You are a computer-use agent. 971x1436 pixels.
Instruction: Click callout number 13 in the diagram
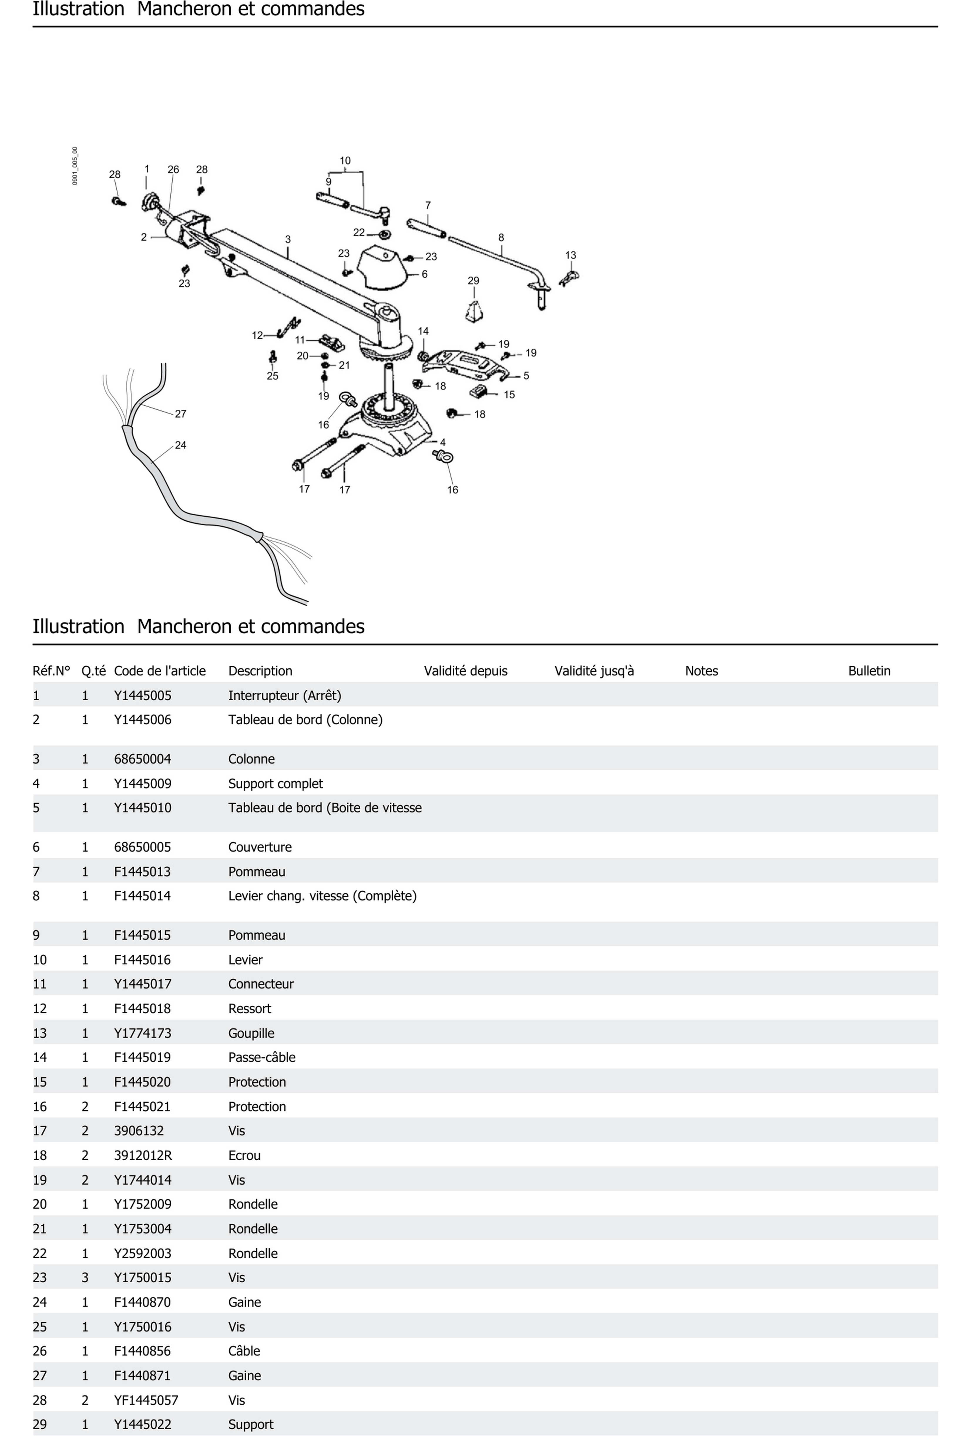570,255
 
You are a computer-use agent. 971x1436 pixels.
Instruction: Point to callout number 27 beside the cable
180,414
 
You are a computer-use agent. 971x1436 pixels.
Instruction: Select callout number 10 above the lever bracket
345,161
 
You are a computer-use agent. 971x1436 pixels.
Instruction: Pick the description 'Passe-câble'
261,1057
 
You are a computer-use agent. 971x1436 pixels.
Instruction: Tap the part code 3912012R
143,1156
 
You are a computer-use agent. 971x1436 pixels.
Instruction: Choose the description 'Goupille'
251,1033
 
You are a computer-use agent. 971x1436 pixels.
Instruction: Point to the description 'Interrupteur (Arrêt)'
284,696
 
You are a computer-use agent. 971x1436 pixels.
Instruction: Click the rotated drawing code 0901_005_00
75,166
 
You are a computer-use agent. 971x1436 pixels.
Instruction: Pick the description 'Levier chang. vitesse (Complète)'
322,896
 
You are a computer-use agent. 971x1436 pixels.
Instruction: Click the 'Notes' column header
701,671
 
